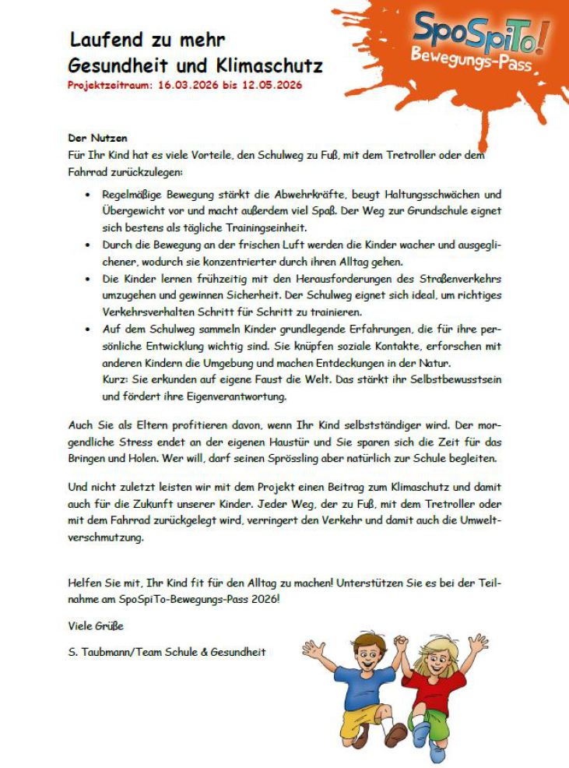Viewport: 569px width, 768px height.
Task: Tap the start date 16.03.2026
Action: [x=188, y=84]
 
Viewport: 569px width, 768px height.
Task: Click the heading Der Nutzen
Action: [x=98, y=138]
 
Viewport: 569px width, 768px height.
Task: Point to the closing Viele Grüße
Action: [x=96, y=625]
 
